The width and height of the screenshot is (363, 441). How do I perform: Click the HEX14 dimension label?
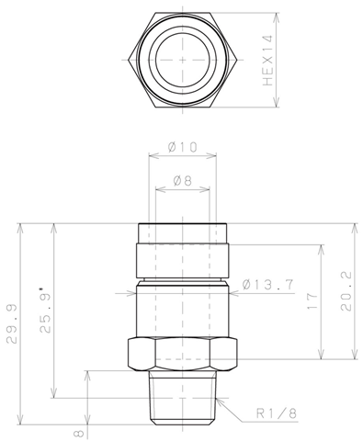click(x=267, y=61)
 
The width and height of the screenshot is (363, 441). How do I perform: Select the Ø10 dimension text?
click(x=183, y=147)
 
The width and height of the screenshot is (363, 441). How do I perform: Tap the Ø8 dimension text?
click(x=183, y=181)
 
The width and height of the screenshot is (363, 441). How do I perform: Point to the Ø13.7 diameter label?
click(x=268, y=285)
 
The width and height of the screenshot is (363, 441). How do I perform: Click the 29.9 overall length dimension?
click(x=12, y=324)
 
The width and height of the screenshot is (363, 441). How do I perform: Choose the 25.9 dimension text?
click(x=45, y=313)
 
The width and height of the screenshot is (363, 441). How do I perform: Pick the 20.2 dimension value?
click(x=346, y=291)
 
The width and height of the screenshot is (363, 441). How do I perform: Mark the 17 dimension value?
click(x=312, y=301)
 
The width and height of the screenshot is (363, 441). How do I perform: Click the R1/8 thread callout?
click(x=277, y=413)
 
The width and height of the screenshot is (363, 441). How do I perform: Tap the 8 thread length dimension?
click(x=79, y=434)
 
